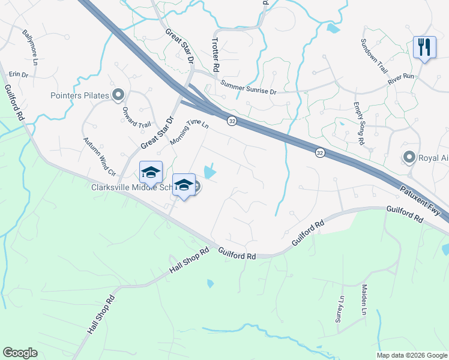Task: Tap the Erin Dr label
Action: (x=19, y=75)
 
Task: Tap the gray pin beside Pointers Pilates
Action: (x=118, y=94)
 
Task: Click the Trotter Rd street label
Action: (x=217, y=53)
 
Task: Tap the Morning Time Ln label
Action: (x=188, y=132)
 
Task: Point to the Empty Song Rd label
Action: (x=358, y=123)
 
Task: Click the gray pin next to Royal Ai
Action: (x=409, y=158)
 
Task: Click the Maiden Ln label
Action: (x=364, y=300)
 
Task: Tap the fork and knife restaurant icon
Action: (x=424, y=47)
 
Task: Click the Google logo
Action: (x=20, y=353)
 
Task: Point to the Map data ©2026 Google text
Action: (x=411, y=355)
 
